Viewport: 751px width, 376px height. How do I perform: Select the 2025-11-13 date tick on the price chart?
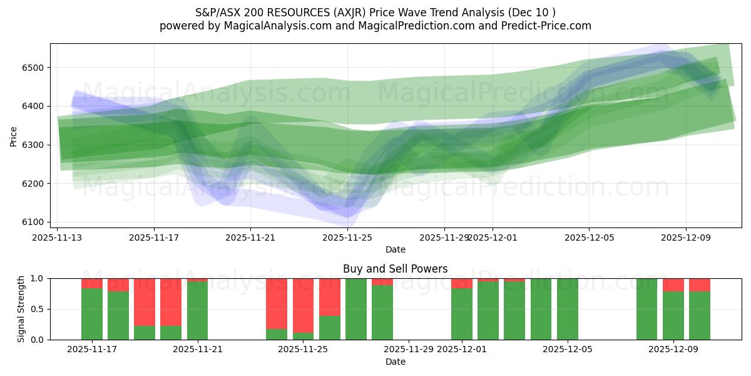pos(58,238)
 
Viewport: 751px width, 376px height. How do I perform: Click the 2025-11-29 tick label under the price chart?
pos(444,238)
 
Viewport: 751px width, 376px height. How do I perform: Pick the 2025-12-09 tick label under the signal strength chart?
pos(673,350)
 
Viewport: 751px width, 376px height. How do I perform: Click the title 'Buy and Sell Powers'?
pos(395,269)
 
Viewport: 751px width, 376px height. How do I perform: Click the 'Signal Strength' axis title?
pos(21,308)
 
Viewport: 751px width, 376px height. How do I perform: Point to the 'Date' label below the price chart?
pos(395,249)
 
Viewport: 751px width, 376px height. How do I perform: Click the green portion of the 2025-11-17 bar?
pos(92,313)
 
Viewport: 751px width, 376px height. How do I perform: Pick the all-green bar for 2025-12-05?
pos(568,309)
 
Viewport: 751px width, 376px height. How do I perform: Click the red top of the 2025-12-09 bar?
pos(673,285)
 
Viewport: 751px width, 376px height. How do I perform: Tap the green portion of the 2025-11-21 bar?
pos(198,311)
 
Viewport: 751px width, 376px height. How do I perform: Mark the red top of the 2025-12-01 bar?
pos(462,283)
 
